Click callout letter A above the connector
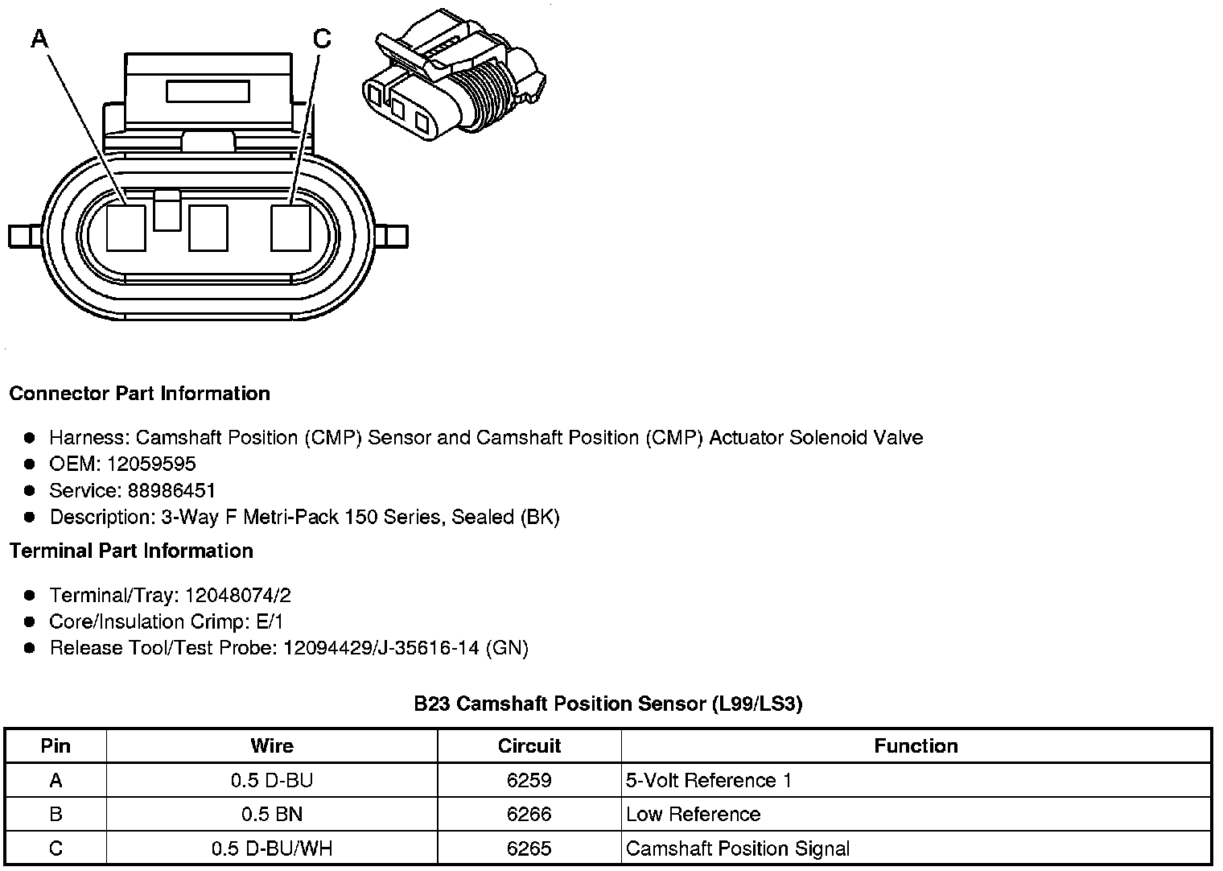(39, 38)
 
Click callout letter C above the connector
(321, 38)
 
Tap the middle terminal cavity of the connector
(208, 228)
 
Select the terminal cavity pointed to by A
(126, 228)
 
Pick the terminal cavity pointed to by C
(290, 228)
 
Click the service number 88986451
(171, 490)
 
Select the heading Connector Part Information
(139, 394)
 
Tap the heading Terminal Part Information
(131, 551)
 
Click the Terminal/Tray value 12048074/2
(237, 595)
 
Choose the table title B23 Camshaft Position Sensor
(607, 704)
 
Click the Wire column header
(272, 745)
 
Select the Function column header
(916, 745)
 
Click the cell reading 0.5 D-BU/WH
(272, 848)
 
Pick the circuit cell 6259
(529, 780)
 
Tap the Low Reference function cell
(693, 814)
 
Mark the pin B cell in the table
(56, 814)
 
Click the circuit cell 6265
(529, 848)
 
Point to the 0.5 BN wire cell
(272, 814)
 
